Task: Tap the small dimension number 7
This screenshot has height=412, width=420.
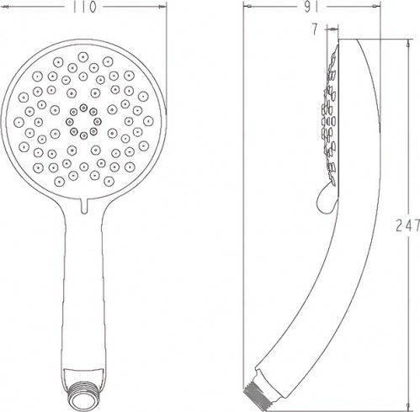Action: tap(314, 29)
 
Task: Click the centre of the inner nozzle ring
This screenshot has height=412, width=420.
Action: tap(83, 120)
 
